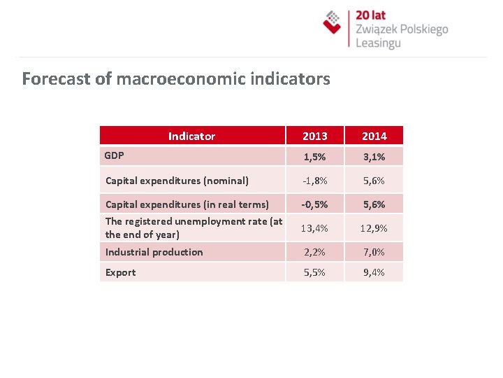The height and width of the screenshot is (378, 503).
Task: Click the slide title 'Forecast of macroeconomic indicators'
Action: [x=175, y=78]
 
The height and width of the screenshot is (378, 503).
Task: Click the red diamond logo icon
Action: [x=333, y=22]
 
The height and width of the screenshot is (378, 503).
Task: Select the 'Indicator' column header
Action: [x=191, y=136]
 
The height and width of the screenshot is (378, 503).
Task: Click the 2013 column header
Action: [x=314, y=136]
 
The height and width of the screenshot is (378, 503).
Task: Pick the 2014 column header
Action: [x=374, y=136]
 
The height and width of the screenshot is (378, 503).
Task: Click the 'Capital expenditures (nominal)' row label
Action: [x=177, y=181]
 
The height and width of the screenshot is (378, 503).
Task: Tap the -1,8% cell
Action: [x=314, y=181]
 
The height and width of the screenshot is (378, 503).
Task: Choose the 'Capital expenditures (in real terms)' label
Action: [x=187, y=204]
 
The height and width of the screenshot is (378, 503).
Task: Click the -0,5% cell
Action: [x=314, y=204]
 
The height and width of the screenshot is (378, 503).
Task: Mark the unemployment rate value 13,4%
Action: [x=314, y=228]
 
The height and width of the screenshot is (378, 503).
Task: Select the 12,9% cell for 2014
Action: [x=374, y=228]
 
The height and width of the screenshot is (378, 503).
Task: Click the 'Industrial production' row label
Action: [x=154, y=252]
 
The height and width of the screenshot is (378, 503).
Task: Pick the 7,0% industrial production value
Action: [x=374, y=252]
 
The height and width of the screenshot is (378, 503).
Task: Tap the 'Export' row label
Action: [x=120, y=272]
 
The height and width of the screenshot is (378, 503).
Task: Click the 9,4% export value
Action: [x=374, y=272]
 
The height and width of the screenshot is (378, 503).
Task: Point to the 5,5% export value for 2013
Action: [x=314, y=272]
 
